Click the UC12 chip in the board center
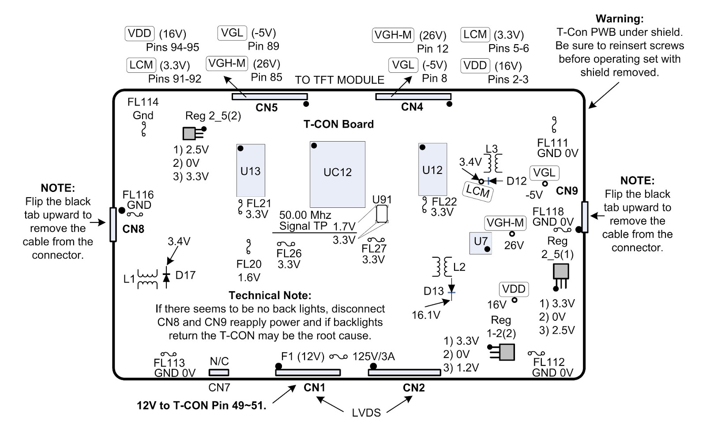[337, 174]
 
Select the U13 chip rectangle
[251, 170]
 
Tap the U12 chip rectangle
[432, 169]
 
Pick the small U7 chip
[481, 243]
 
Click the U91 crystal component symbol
[382, 214]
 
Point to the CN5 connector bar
[270, 97]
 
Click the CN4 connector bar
[413, 97]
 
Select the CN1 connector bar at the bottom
[308, 372]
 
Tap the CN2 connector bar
[404, 372]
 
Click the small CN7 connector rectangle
[219, 372]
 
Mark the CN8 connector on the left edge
[113, 225]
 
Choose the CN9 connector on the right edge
[585, 217]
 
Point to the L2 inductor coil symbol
[442, 267]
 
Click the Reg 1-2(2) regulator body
[507, 352]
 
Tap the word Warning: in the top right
[620, 19]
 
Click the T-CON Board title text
[338, 124]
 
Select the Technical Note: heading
[270, 295]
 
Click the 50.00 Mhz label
[305, 215]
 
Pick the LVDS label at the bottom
[366, 413]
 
